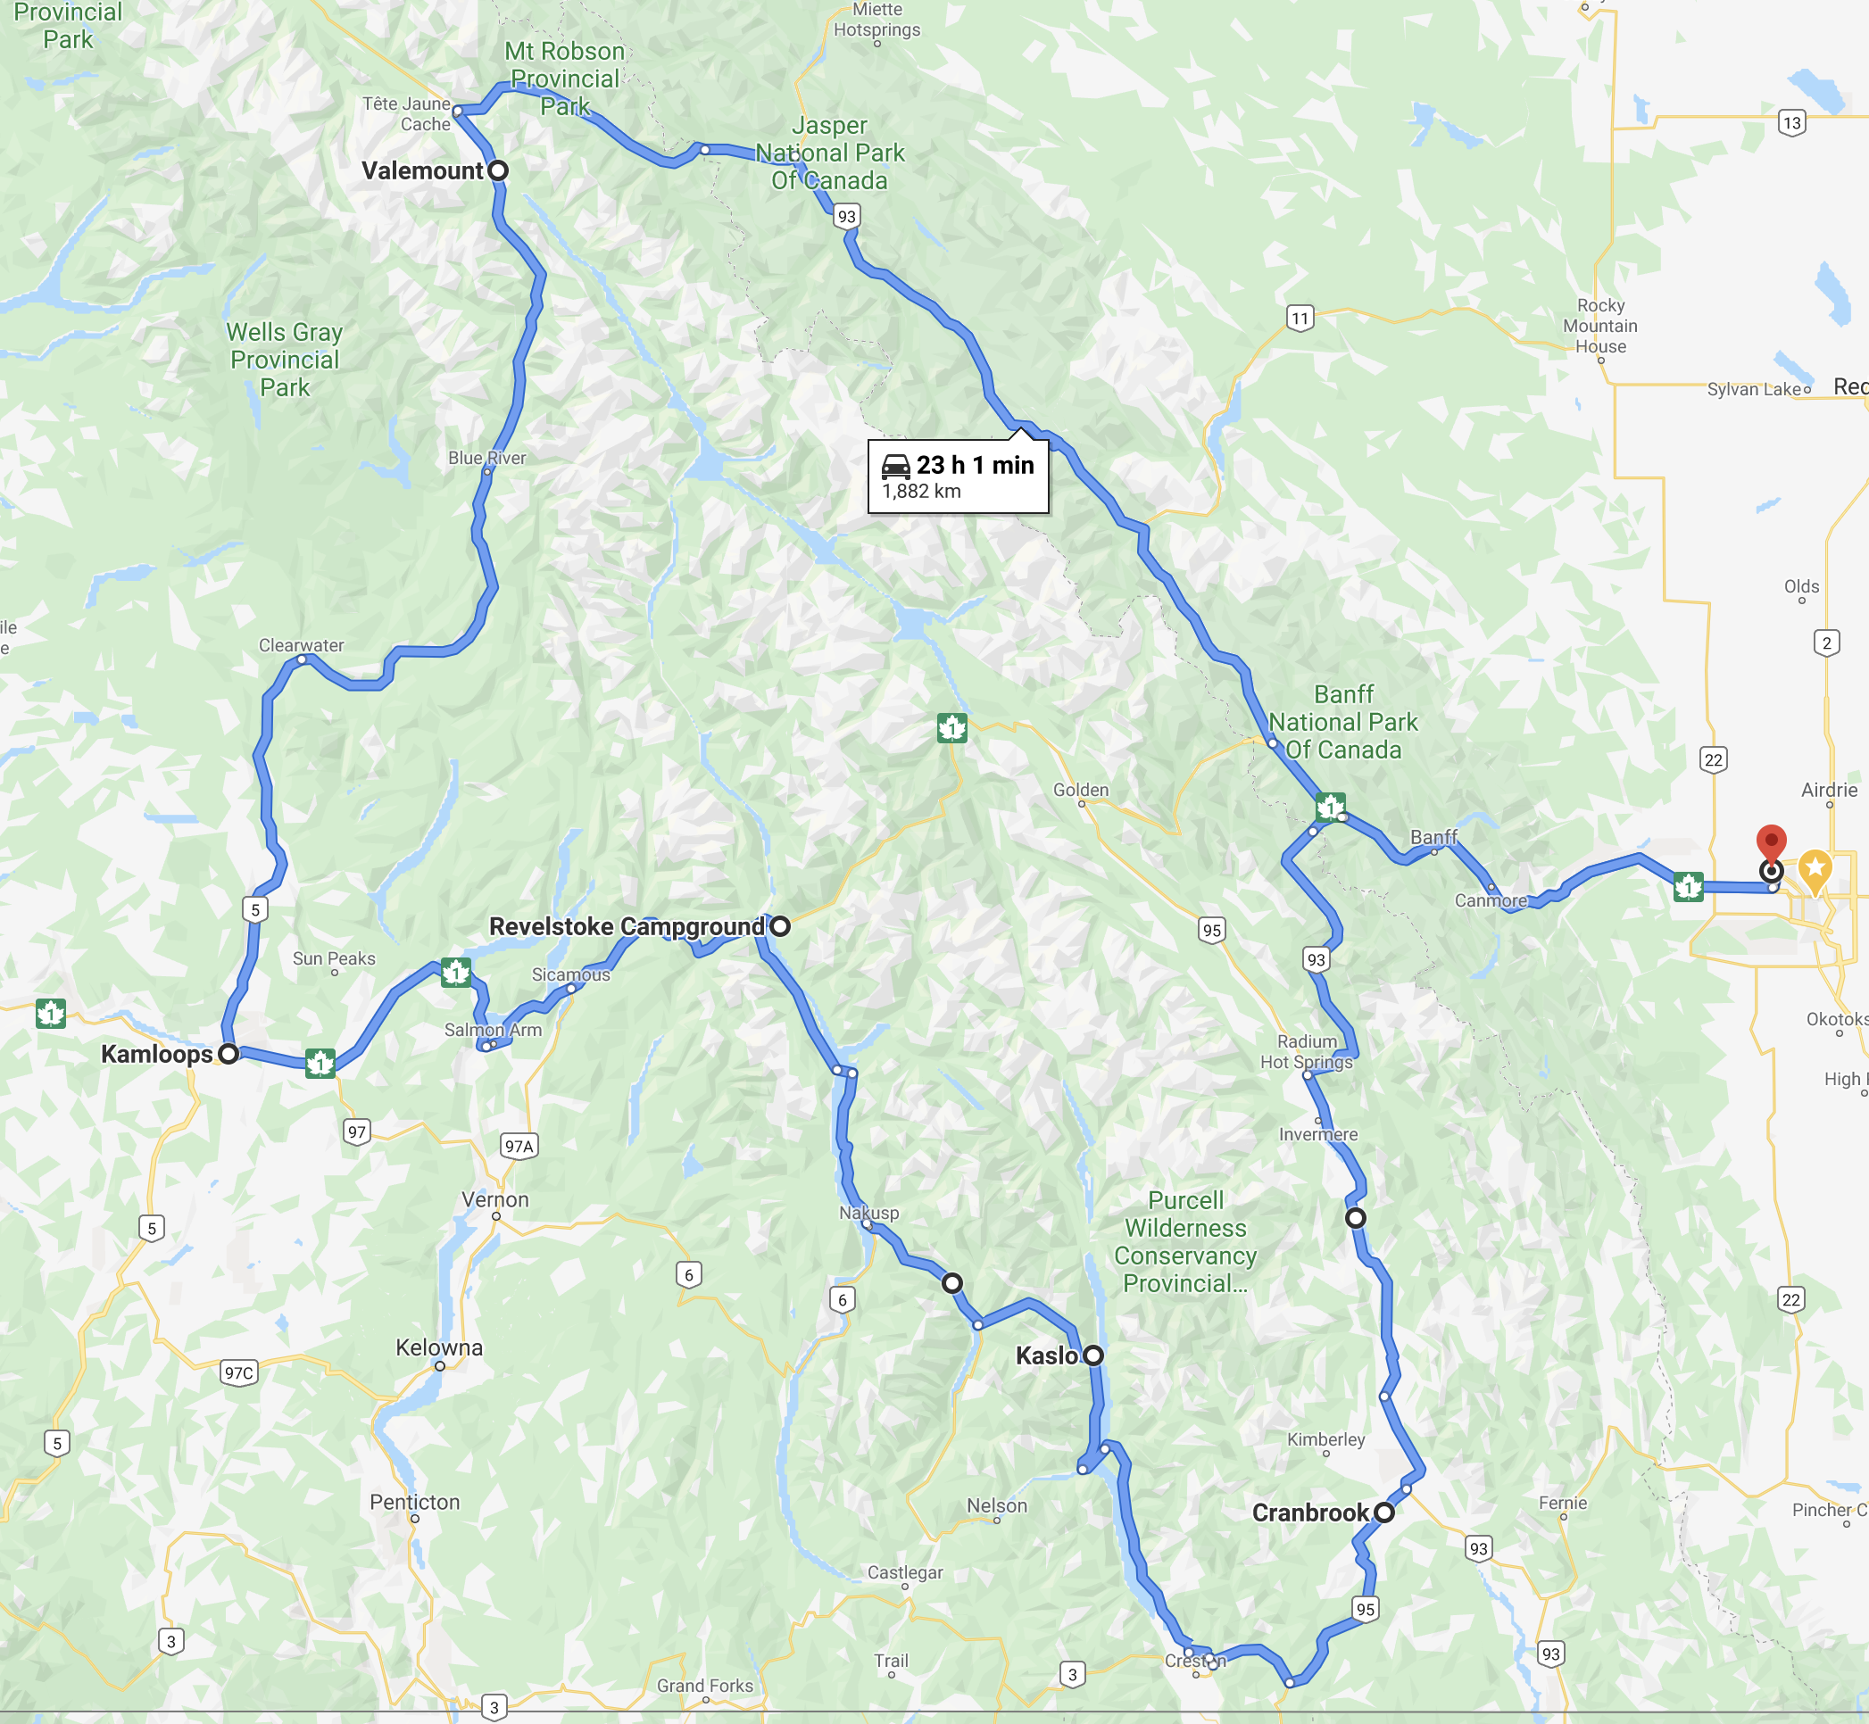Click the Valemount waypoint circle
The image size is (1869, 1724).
[498, 170]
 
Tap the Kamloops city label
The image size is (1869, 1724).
[157, 1054]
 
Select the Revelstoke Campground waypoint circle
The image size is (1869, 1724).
[780, 926]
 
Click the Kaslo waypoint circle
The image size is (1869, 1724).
[1093, 1355]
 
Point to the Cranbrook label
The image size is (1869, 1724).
[1310, 1513]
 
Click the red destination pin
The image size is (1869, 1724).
[1771, 841]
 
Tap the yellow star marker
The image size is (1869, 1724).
[1815, 868]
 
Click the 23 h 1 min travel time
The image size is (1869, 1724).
[975, 465]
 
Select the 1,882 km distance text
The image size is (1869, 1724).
[921, 492]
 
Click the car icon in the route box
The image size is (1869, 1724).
[896, 466]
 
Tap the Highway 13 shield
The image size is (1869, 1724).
[1791, 123]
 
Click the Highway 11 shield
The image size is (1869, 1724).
[1300, 318]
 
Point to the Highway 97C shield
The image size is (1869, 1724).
[239, 1372]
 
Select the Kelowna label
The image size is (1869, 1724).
[438, 1348]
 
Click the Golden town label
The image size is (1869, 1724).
[1081, 791]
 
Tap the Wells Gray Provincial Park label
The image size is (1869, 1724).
[285, 361]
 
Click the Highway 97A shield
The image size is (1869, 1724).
[519, 1147]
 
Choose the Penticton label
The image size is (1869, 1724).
[414, 1502]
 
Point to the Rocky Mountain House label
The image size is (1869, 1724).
[1600, 326]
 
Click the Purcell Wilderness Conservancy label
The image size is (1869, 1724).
[1185, 1242]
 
